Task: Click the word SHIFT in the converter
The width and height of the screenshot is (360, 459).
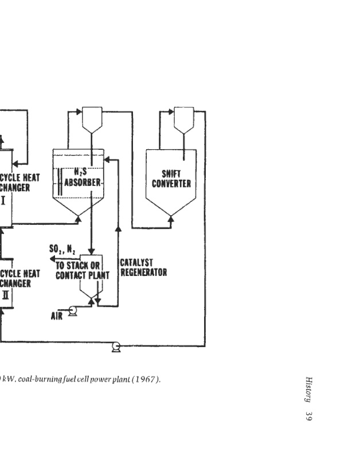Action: click(171, 173)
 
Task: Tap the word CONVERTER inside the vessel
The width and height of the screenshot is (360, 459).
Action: click(171, 184)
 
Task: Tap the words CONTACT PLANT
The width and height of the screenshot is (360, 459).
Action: click(82, 275)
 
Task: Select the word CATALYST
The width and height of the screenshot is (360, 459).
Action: click(136, 263)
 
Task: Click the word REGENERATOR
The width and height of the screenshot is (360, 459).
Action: click(143, 273)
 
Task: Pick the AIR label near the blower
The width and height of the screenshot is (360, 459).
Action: click(57, 315)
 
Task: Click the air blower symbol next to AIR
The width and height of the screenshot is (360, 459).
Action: click(72, 311)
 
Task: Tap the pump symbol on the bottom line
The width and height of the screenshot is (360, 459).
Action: click(116, 346)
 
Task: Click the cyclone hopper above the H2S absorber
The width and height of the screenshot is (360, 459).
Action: click(92, 118)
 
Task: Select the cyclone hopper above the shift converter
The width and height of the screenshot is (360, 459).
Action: click(183, 118)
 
